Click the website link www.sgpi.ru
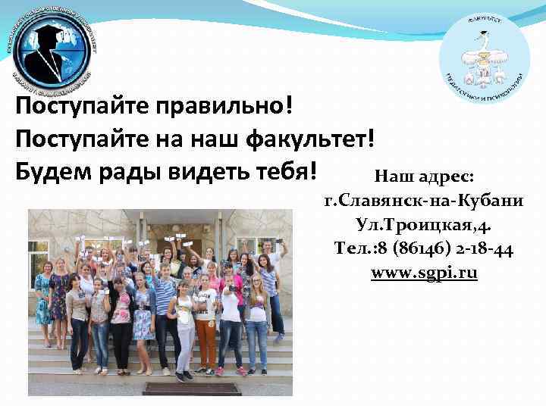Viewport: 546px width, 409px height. click(424, 273)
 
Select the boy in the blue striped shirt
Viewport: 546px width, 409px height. click(165, 303)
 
